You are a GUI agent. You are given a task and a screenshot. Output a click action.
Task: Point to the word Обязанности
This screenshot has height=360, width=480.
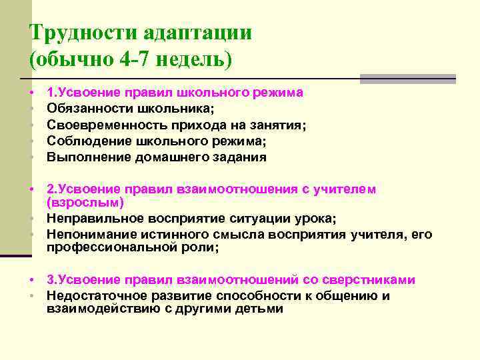[89, 107]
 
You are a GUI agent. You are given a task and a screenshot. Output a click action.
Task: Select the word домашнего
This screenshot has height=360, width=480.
[171, 157]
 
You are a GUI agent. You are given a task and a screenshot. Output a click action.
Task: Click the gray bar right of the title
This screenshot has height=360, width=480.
[407, 78]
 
